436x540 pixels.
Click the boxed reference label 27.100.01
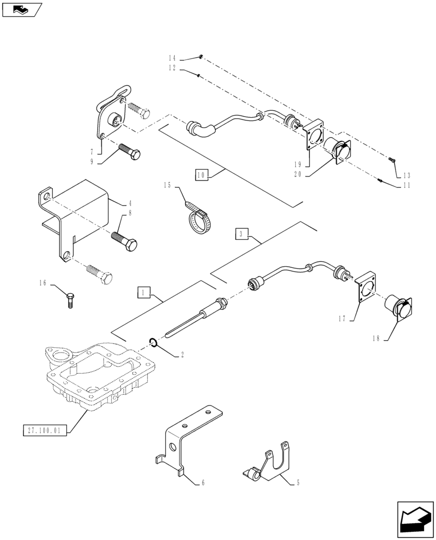click(45, 430)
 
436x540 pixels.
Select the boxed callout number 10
click(201, 175)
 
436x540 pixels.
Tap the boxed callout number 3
click(242, 234)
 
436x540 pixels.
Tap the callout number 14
click(172, 58)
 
